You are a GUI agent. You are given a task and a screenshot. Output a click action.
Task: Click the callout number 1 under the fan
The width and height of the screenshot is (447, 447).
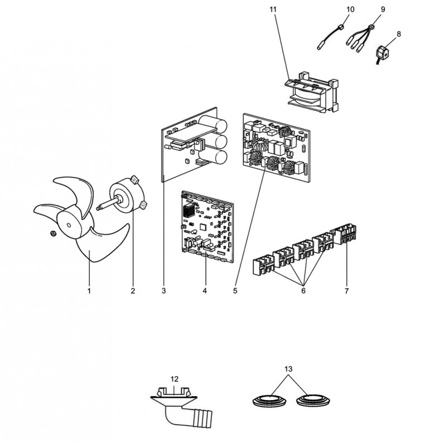tap(89, 291)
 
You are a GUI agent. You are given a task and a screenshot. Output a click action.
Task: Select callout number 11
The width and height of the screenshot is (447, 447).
tap(273, 9)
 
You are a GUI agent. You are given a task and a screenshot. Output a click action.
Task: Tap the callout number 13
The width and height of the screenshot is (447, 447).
tap(288, 369)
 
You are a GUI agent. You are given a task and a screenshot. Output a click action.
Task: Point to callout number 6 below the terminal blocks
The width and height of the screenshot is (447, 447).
tap(303, 291)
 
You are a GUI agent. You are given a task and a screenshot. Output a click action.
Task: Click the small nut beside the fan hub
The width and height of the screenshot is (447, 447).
tap(53, 234)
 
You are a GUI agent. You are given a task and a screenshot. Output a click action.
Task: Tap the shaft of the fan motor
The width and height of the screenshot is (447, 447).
tap(107, 205)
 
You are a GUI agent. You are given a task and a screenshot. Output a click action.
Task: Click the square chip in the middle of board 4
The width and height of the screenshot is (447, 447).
tap(203, 227)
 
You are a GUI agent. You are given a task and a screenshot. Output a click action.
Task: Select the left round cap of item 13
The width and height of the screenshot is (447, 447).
tap(269, 401)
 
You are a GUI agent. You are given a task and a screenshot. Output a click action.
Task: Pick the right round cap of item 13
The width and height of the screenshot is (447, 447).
tap(313, 401)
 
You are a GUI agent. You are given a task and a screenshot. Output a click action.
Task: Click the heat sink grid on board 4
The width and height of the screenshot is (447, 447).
tap(189, 211)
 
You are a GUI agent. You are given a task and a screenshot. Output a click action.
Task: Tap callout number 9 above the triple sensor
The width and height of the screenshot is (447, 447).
tap(383, 9)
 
